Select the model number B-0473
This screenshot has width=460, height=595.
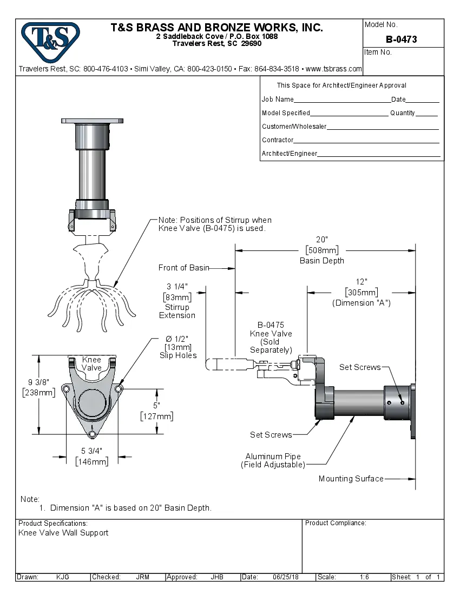point(401,39)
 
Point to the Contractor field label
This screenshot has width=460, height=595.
point(278,140)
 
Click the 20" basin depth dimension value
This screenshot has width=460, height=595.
point(322,240)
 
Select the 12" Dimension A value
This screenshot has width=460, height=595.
point(361,282)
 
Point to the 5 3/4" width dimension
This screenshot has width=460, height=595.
point(91,451)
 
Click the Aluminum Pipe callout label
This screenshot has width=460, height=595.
point(273,457)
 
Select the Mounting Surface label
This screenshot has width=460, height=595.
point(351,479)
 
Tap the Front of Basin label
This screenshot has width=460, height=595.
point(183,268)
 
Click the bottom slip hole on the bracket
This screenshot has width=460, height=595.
point(92,434)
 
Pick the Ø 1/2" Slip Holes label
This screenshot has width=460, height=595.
point(178,347)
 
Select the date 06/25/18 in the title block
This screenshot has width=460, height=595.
point(286,577)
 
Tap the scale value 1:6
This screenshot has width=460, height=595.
point(364,577)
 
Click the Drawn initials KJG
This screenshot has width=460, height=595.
point(63,577)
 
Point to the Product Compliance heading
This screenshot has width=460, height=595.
point(336,523)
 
